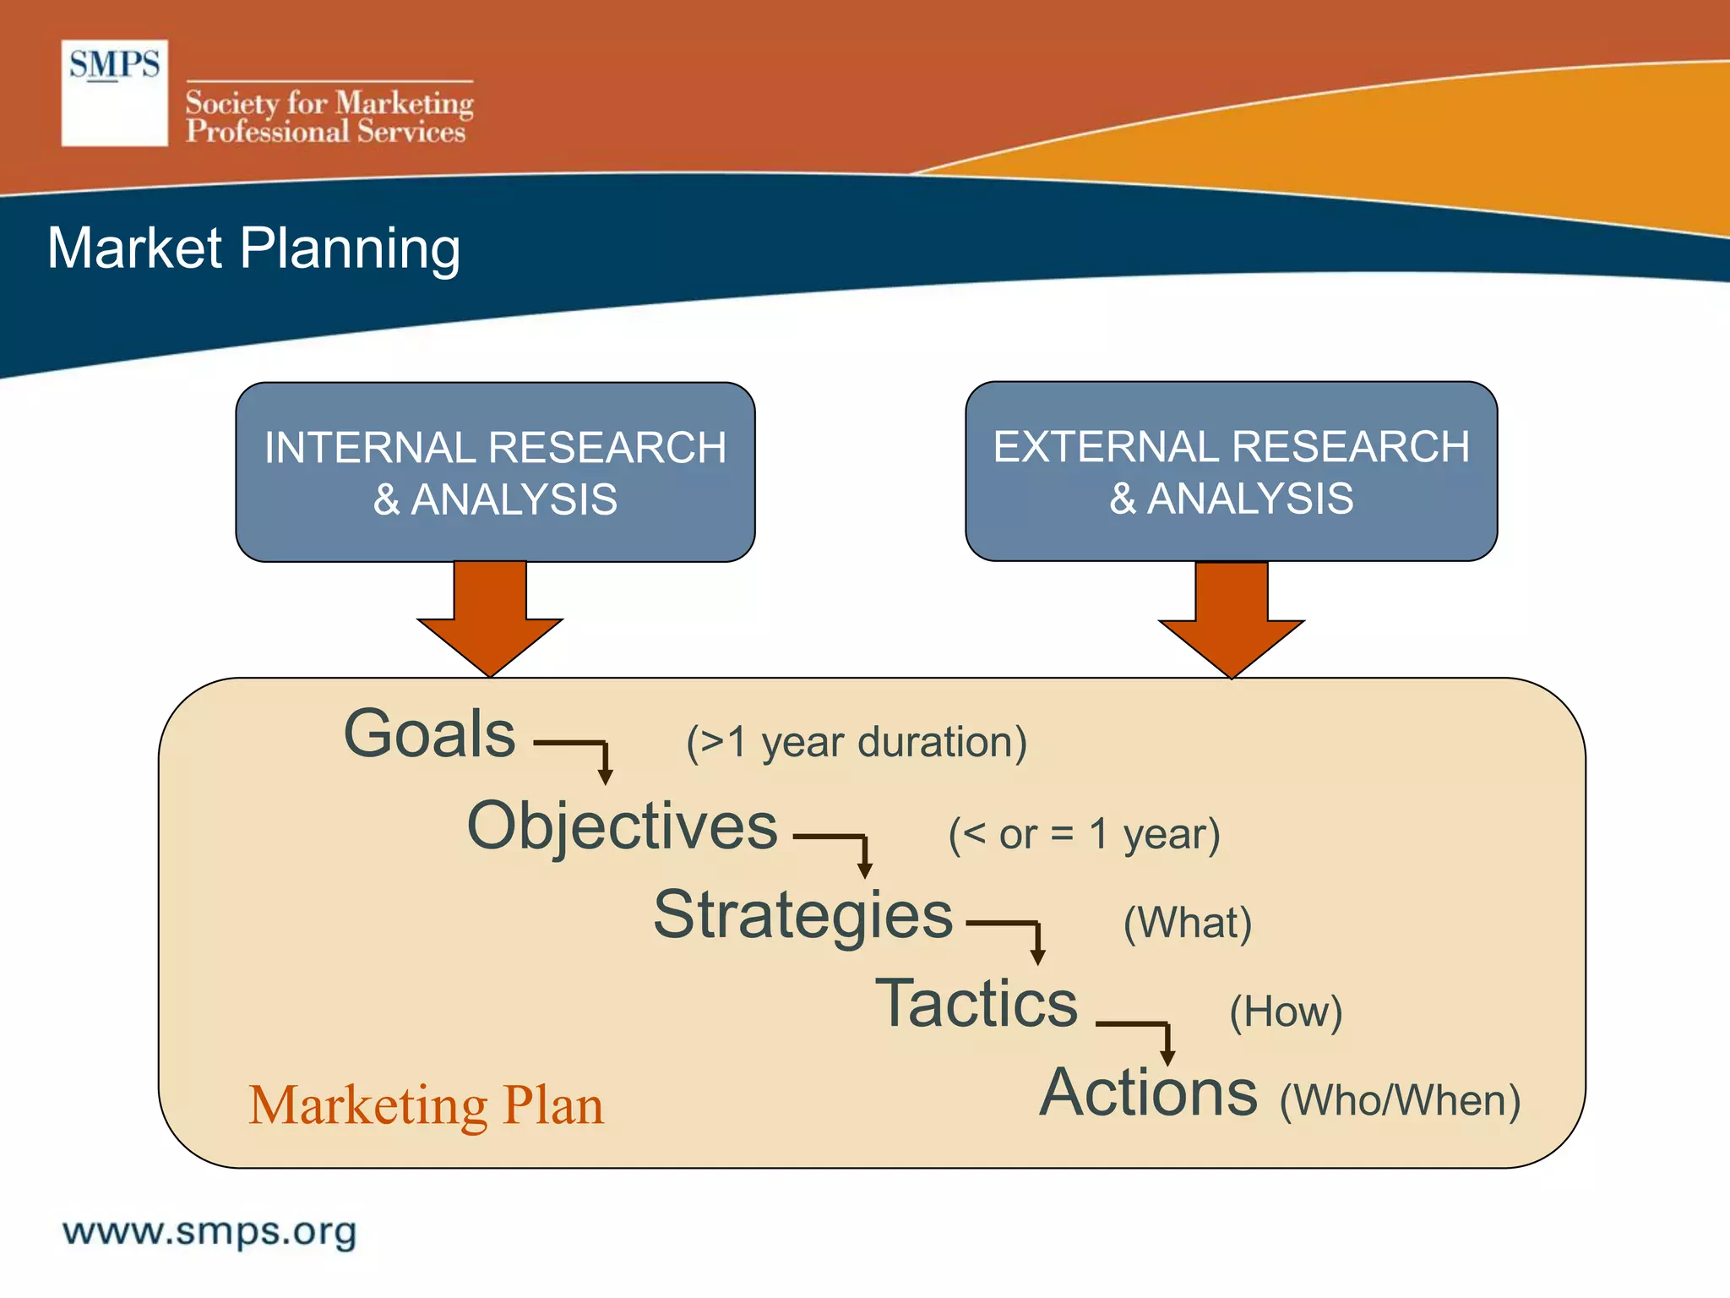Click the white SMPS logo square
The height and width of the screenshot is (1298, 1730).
114,93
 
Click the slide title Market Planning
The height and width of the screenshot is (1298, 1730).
253,248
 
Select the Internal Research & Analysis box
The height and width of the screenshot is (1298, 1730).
495,472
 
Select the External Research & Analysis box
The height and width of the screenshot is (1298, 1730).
1231,472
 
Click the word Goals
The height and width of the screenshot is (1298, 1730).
429,734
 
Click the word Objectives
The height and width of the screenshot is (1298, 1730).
622,826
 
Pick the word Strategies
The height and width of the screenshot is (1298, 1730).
802,915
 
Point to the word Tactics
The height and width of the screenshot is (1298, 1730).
977,1004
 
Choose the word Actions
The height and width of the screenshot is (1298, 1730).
1148,1093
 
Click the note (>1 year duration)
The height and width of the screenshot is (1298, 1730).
856,743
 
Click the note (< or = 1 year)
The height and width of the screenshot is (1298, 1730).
1084,835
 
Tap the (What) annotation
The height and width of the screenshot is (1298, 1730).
1187,923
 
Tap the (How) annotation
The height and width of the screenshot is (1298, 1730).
1285,1012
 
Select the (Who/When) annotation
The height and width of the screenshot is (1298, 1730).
1400,1101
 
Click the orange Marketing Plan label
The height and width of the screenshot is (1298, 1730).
427,1105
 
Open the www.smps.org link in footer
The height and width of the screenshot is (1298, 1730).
209,1231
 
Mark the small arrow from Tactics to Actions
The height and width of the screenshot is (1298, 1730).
1145,1035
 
